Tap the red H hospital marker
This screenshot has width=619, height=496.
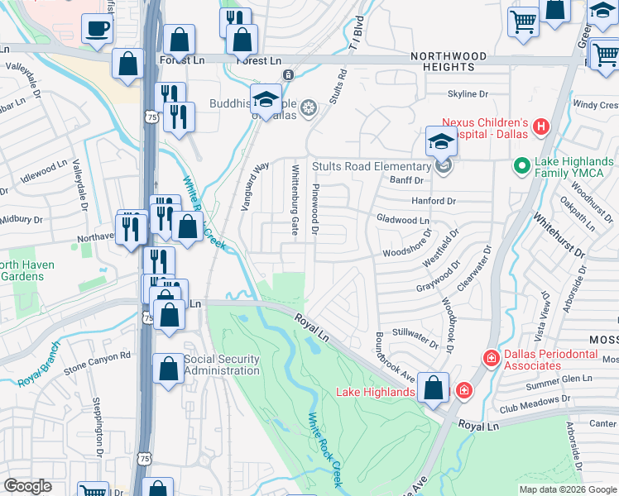(x=541, y=126)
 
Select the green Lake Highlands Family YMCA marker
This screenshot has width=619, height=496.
(x=522, y=166)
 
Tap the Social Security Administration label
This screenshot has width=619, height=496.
(x=221, y=365)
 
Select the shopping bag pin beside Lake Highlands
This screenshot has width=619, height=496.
(x=433, y=388)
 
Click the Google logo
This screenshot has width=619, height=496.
(x=27, y=486)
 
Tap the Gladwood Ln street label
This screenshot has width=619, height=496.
(x=403, y=221)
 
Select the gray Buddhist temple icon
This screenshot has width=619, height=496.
(x=308, y=107)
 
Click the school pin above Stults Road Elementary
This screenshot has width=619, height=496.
(x=441, y=142)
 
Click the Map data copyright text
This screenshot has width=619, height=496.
(x=568, y=489)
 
